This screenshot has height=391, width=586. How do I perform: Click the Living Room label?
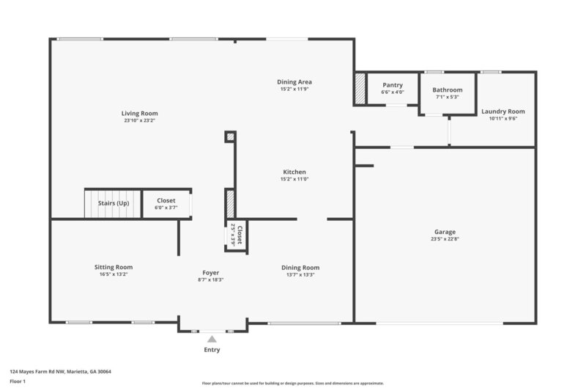140,114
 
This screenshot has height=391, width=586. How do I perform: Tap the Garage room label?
445,232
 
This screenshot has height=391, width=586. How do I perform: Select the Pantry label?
393,85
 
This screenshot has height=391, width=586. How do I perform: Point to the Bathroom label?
447,89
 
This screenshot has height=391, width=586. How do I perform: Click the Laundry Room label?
503,112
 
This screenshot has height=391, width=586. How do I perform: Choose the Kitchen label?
294,172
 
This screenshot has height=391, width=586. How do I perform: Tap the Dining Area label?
295,82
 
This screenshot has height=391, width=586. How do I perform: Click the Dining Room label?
300,268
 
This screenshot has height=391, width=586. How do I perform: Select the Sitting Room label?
114,267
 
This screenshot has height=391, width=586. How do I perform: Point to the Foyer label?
211,273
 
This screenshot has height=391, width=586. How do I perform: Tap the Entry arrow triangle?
212,339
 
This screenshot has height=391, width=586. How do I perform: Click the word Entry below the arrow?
212,350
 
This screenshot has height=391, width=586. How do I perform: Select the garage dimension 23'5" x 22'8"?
445,238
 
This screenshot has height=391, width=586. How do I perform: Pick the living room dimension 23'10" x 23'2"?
140,120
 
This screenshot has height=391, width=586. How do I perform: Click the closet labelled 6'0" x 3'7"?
166,203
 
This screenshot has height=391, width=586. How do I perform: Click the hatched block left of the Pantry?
360,87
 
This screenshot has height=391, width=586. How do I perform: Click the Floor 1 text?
18,381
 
